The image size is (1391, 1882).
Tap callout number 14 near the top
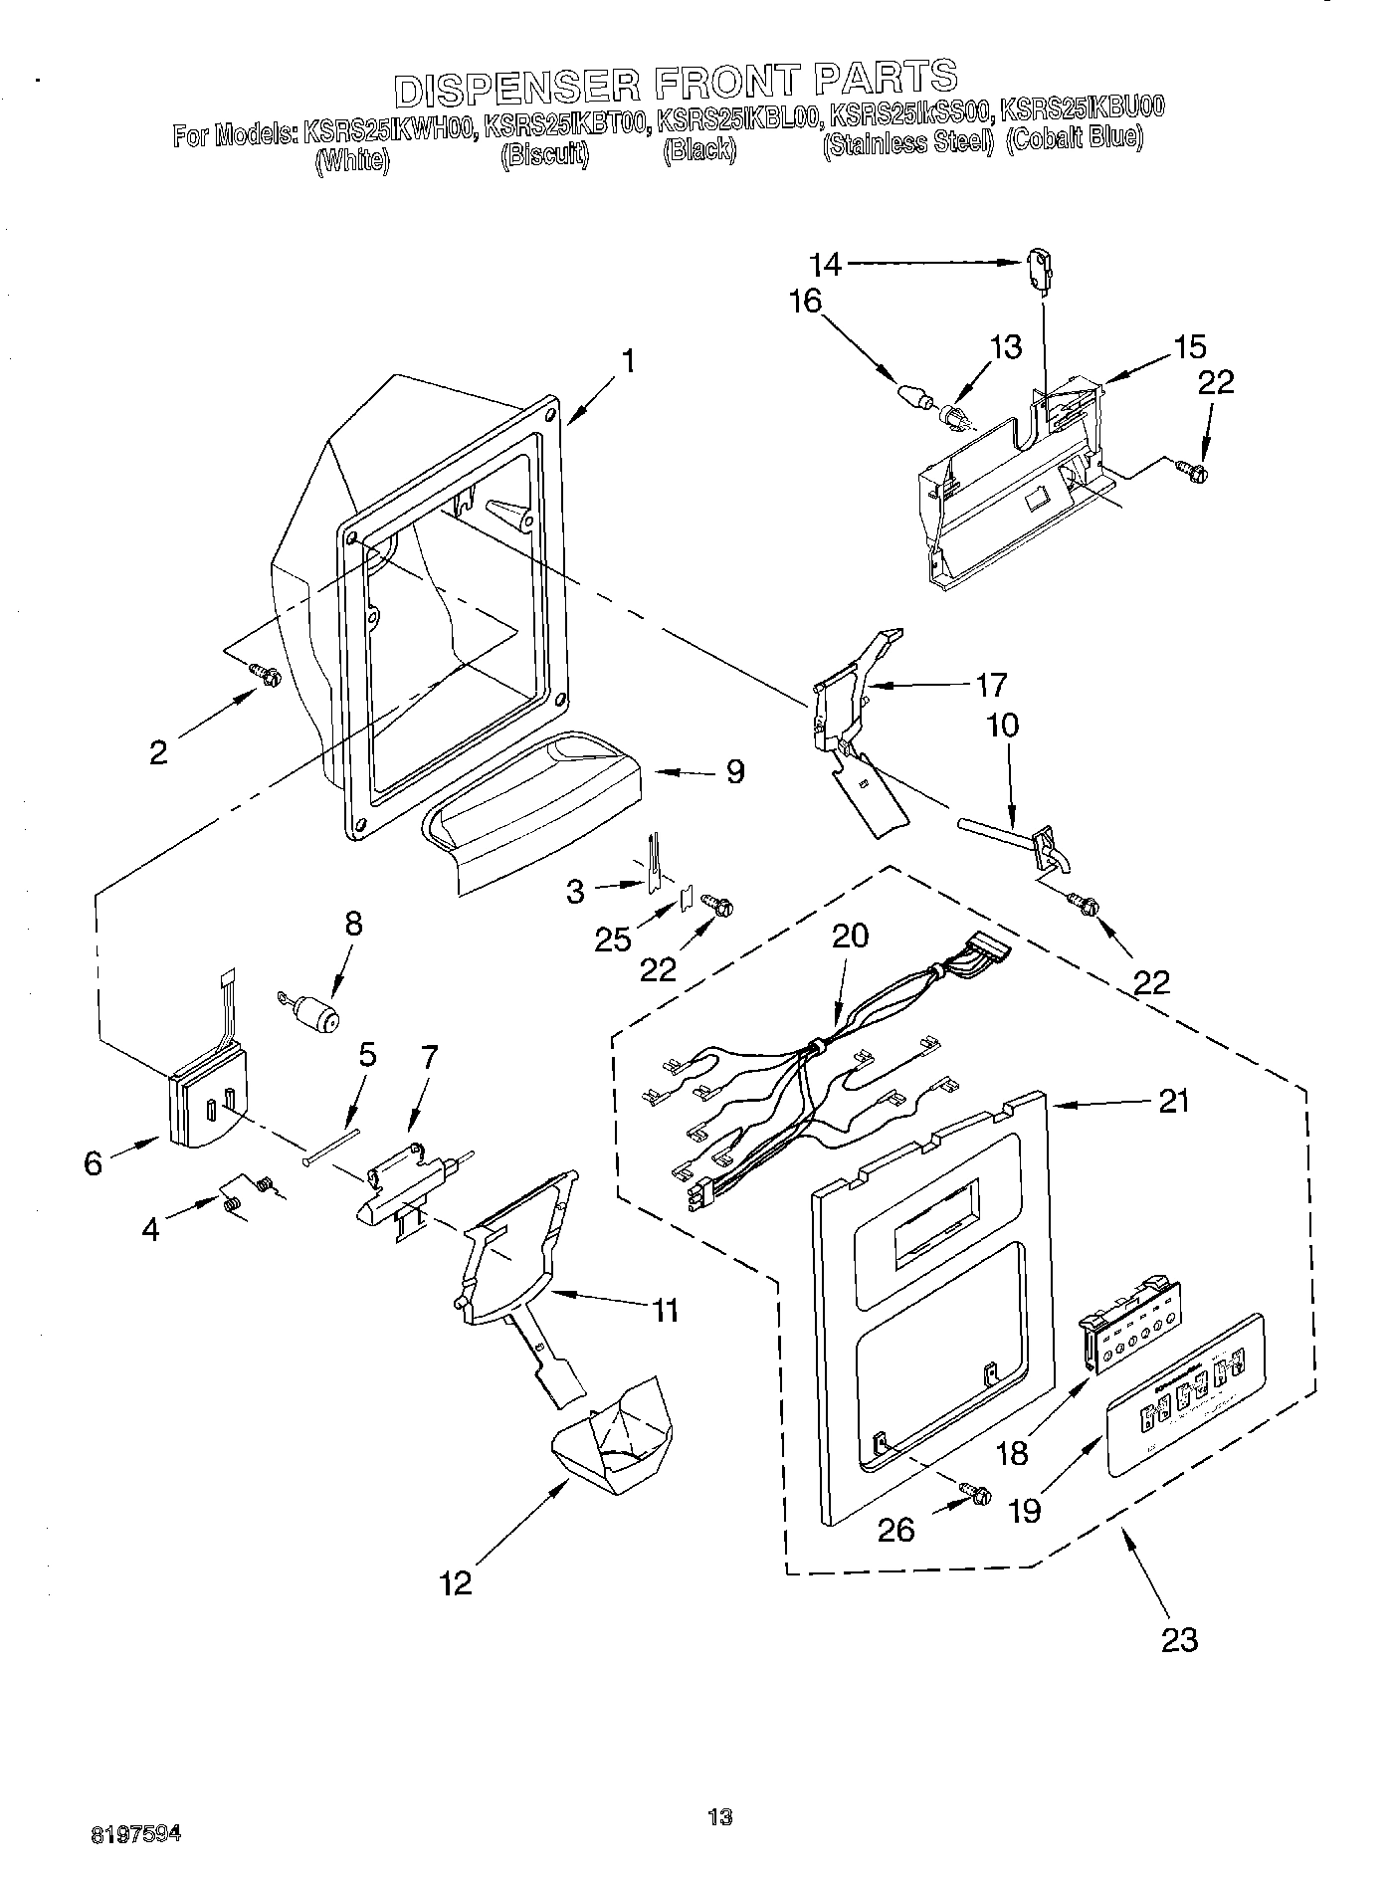[x=825, y=264]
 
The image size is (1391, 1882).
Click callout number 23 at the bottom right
[x=1179, y=1638]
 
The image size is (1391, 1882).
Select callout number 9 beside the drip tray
[x=734, y=771]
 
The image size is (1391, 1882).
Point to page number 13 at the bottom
[x=720, y=1817]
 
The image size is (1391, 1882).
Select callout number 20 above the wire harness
[x=850, y=936]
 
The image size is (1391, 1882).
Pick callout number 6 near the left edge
[x=94, y=1161]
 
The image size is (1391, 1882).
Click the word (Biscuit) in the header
[x=543, y=154]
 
